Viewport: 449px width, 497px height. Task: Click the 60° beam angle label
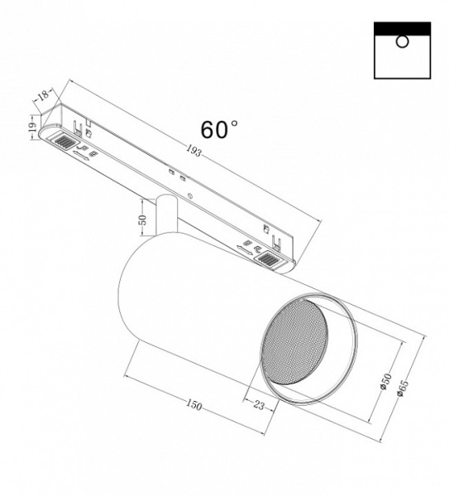tap(218, 130)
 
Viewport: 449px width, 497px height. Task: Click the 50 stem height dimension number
tap(142, 221)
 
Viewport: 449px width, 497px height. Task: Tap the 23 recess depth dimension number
tap(259, 406)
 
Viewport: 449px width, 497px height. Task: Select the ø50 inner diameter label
tap(387, 383)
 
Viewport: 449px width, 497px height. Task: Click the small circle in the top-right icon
tap(403, 42)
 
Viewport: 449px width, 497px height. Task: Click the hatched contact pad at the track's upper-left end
tap(63, 143)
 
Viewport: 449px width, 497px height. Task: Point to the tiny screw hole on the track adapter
tap(190, 196)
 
